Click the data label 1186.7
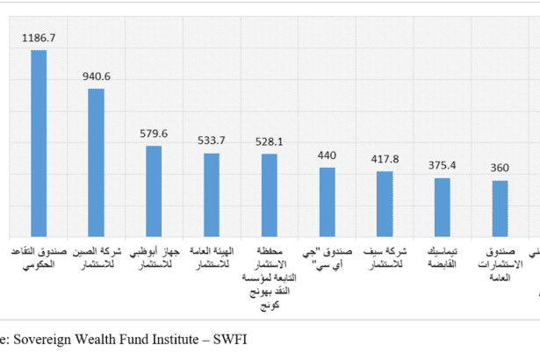[40, 40]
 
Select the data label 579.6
[155, 134]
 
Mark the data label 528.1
[269, 142]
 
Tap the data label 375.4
[443, 167]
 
